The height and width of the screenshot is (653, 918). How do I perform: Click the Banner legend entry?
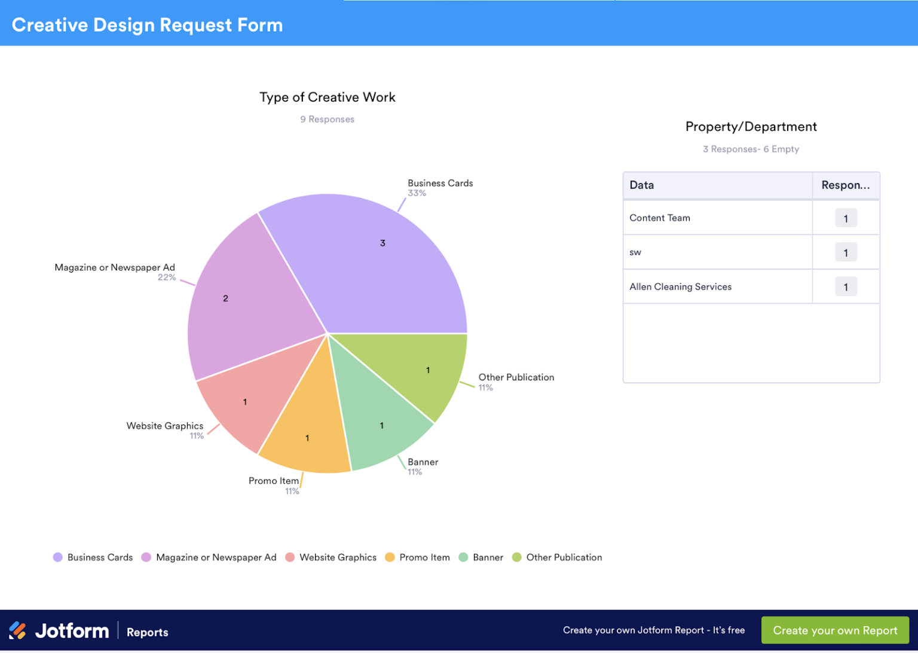tap(481, 557)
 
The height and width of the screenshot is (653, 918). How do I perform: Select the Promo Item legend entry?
tap(418, 557)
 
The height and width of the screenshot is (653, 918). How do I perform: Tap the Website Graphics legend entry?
tap(331, 557)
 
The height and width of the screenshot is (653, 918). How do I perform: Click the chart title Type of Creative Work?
tap(327, 97)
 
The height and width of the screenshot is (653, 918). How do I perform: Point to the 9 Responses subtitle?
tap(327, 119)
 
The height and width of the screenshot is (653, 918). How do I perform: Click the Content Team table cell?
tap(660, 218)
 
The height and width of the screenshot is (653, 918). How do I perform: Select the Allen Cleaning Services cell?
tap(680, 286)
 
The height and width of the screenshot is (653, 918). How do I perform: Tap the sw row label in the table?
tap(635, 252)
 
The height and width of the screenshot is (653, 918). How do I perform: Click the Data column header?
tap(642, 185)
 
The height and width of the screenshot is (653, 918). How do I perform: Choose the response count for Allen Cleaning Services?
tap(845, 287)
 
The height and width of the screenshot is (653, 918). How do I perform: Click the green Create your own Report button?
tap(835, 630)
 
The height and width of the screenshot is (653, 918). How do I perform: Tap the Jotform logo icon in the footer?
tap(18, 630)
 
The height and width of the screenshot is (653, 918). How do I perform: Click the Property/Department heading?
tap(751, 127)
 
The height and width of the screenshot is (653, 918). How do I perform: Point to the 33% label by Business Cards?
tap(417, 193)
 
